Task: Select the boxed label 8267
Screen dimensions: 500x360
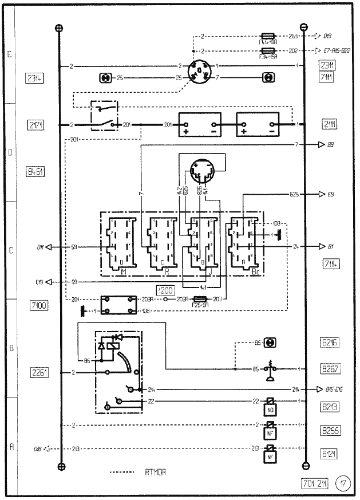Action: click(x=328, y=369)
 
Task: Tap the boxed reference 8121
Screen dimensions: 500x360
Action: click(x=328, y=454)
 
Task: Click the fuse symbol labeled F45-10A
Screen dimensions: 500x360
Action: click(x=269, y=36)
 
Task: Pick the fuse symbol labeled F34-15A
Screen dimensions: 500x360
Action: click(x=269, y=50)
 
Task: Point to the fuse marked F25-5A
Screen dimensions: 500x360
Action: click(x=199, y=299)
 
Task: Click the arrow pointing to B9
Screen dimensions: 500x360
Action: click(x=322, y=145)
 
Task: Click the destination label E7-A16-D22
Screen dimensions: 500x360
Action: click(x=337, y=50)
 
